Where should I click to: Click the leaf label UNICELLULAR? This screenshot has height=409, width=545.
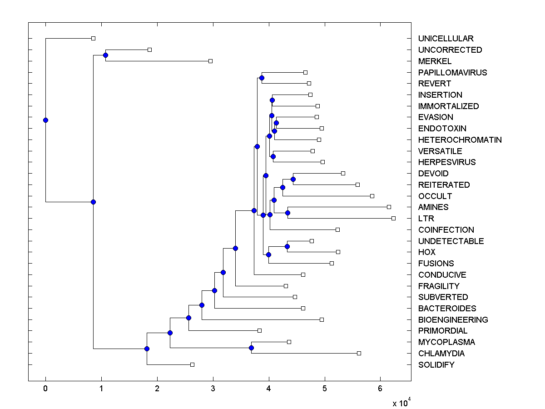point(439,39)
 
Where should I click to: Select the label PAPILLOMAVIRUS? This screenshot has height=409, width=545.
point(452,72)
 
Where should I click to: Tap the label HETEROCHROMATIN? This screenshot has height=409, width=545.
point(460,140)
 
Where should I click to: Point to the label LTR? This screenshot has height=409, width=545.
point(426,219)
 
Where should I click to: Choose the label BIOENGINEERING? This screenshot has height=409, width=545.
point(453,319)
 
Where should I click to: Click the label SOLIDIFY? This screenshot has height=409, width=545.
point(436,364)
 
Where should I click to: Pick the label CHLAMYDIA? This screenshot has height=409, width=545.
point(441,353)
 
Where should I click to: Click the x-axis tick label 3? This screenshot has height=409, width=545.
point(213,388)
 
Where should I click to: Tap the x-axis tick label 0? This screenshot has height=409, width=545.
point(45,388)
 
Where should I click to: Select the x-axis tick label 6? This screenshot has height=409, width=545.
point(381,388)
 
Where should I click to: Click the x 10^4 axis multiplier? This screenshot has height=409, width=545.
point(401,403)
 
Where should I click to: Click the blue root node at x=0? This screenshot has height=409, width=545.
point(45,120)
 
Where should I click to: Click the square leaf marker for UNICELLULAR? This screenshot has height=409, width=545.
point(93,38)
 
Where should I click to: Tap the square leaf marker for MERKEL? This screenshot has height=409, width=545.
point(210,61)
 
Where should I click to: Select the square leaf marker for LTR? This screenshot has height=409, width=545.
point(393,218)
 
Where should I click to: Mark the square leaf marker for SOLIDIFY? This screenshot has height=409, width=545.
point(192,364)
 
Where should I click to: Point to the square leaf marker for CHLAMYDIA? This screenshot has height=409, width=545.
point(359,353)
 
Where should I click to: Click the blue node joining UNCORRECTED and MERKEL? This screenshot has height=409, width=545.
point(105,55)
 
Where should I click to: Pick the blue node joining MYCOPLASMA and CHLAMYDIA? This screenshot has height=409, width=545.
point(251,348)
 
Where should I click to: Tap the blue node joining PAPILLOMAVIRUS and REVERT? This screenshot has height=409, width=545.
point(262,78)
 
